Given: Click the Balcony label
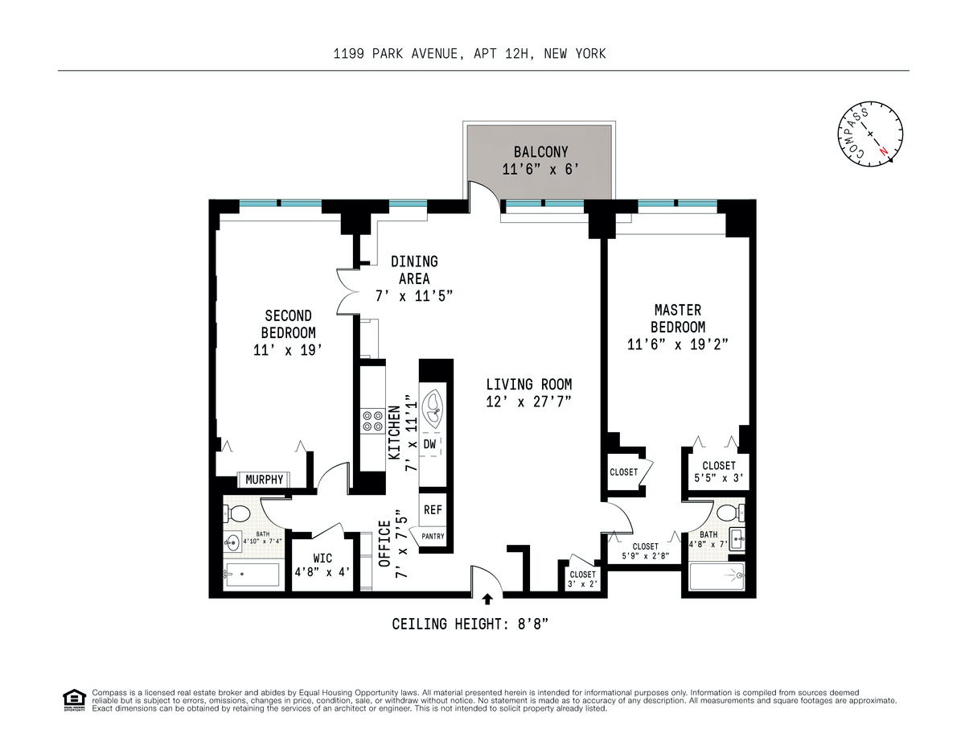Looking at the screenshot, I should (x=540, y=152).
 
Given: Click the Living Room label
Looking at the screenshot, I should (x=528, y=385).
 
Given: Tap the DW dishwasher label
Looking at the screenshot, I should (x=430, y=444).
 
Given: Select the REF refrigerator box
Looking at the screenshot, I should (x=433, y=509).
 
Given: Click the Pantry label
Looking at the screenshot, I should (x=432, y=537).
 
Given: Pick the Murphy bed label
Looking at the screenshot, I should (x=264, y=480).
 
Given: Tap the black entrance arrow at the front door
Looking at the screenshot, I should (x=487, y=599).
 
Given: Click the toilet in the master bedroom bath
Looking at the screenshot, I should (x=727, y=513).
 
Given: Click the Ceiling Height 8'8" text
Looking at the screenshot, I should (x=470, y=624).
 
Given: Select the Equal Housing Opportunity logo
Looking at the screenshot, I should (x=73, y=700).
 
